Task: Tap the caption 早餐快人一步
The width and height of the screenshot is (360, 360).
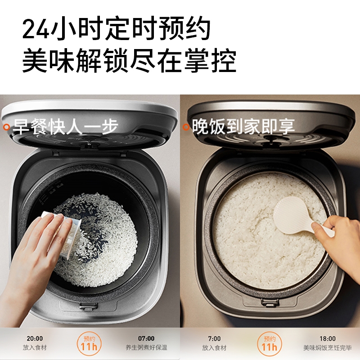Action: (x=65, y=126)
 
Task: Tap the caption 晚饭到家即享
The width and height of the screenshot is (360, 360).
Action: (x=243, y=126)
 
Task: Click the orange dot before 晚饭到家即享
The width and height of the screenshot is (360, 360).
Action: (x=186, y=127)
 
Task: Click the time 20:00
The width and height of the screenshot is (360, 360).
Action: (x=35, y=338)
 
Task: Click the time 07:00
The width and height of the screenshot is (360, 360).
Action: (x=146, y=338)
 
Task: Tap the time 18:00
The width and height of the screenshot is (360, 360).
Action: (x=328, y=339)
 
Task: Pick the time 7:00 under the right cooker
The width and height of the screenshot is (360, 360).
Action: (x=214, y=339)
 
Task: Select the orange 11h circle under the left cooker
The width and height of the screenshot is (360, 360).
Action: (x=89, y=343)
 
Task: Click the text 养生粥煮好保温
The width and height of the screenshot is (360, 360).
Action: (x=146, y=347)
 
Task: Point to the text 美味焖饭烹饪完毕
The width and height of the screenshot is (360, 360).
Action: (x=328, y=348)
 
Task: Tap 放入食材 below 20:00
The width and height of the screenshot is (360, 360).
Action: (x=35, y=347)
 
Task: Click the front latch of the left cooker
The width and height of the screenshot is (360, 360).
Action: (x=88, y=307)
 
